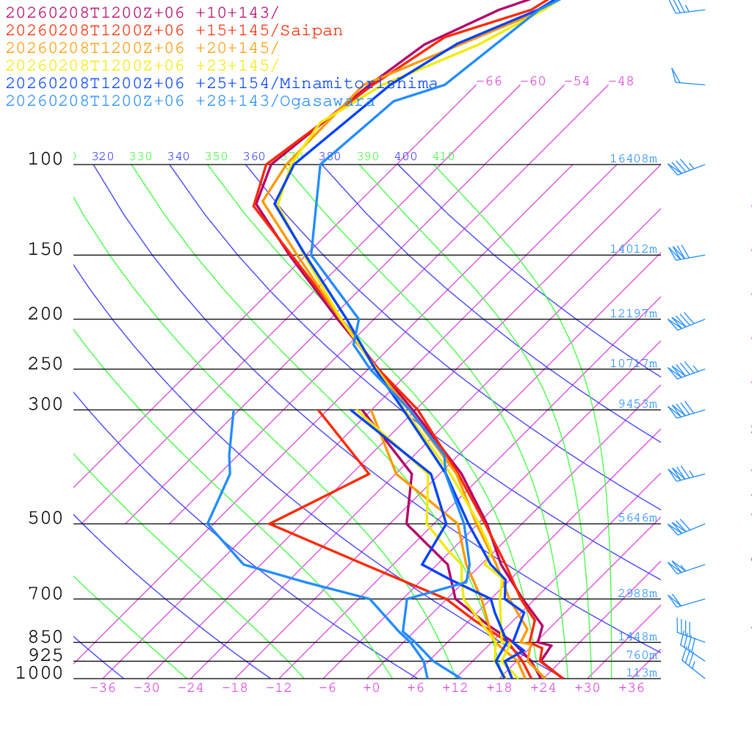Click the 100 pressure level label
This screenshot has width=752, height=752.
click(x=46, y=159)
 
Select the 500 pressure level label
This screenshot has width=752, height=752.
click(x=46, y=519)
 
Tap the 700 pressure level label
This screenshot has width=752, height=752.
click(x=46, y=594)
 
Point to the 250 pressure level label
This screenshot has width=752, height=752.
click(x=46, y=364)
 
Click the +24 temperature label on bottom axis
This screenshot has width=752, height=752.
click(x=543, y=688)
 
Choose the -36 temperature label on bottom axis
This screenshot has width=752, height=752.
click(x=102, y=688)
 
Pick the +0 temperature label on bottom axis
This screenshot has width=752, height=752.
click(x=371, y=688)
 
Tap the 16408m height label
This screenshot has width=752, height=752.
click(x=634, y=159)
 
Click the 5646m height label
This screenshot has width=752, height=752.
click(x=637, y=518)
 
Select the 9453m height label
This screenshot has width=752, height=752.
click(x=637, y=405)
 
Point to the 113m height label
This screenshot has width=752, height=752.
click(x=641, y=673)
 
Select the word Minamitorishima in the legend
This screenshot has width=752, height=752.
click(x=358, y=84)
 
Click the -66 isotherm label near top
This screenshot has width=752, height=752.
click(x=488, y=82)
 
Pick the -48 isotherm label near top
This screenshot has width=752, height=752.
click(x=621, y=82)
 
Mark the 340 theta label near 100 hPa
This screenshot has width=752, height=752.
click(x=178, y=156)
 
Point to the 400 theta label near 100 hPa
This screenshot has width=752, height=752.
click(x=405, y=156)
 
